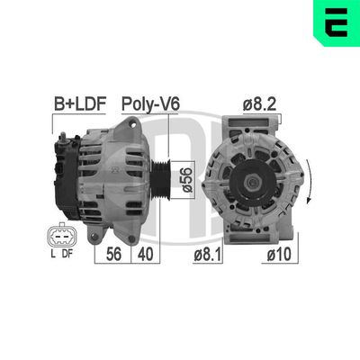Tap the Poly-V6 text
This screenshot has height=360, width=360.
pos(151,105)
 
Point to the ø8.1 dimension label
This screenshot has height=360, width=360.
pos(209,256)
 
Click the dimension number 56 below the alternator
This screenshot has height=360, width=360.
pos(113,256)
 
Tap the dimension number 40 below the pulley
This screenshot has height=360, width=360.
pos(147,256)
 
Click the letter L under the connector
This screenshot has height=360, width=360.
pos(53,255)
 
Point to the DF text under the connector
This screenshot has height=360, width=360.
pos(69,255)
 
